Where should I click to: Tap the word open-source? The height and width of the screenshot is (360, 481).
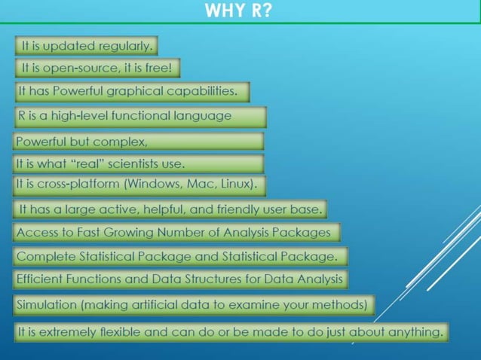74,69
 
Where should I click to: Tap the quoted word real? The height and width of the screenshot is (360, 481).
84,163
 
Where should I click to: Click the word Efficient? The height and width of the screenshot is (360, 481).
42,279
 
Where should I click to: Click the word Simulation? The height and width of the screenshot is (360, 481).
46,305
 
